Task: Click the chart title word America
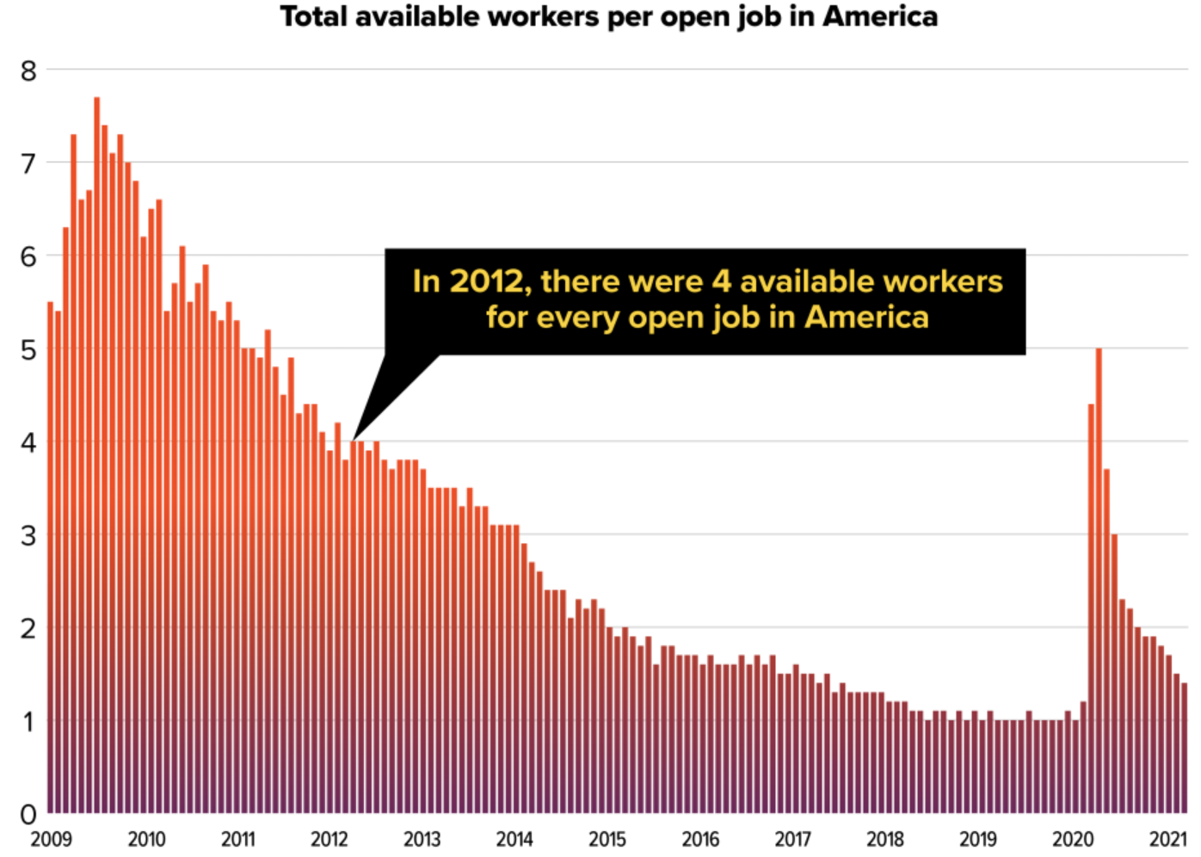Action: [x=880, y=16]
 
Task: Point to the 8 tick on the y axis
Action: [x=29, y=71]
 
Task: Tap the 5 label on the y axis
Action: [x=29, y=350]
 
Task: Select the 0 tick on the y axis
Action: [x=29, y=813]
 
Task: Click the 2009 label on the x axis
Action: [x=52, y=839]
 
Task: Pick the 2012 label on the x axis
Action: [x=330, y=839]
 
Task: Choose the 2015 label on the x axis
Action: [x=607, y=839]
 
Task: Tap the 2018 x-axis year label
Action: [x=885, y=839]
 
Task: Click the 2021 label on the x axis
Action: [x=1167, y=839]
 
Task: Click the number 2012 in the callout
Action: [x=486, y=281]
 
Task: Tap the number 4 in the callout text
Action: [x=721, y=281]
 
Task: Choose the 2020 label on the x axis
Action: [x=1073, y=839]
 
